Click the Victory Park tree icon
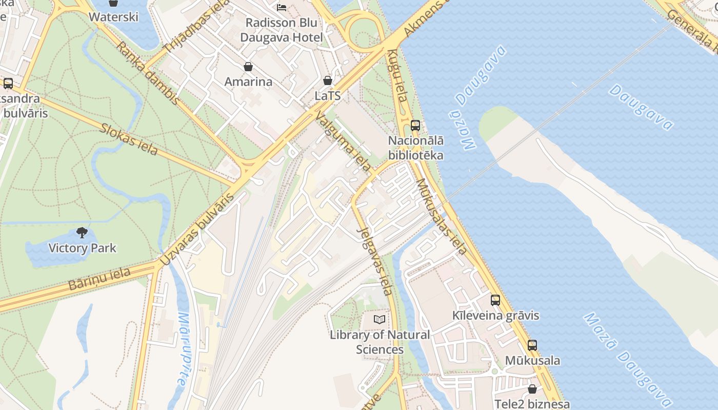(x=82, y=233)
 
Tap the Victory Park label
(x=82, y=249)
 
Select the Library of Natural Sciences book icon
(x=380, y=320)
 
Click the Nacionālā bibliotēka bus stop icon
(x=415, y=125)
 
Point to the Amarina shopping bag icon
(x=248, y=67)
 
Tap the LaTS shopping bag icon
(x=328, y=80)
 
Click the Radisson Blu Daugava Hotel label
(x=282, y=30)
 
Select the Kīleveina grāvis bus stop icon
(x=495, y=300)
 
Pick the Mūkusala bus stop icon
(x=532, y=345)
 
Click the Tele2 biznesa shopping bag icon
(x=532, y=389)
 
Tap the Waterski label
(x=113, y=17)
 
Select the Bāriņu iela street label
(x=99, y=279)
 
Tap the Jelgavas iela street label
(x=375, y=261)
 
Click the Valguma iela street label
(x=343, y=141)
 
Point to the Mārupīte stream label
(x=183, y=348)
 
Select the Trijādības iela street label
(x=189, y=31)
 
